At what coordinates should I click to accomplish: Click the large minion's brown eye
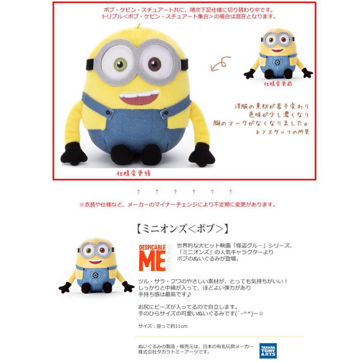pyautogui.click(x=155, y=64)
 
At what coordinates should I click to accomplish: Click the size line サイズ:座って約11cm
pyautogui.click(x=162, y=326)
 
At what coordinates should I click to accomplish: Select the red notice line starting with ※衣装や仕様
pyautogui.click(x=177, y=204)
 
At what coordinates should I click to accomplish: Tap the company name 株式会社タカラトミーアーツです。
pyautogui.click(x=174, y=352)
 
